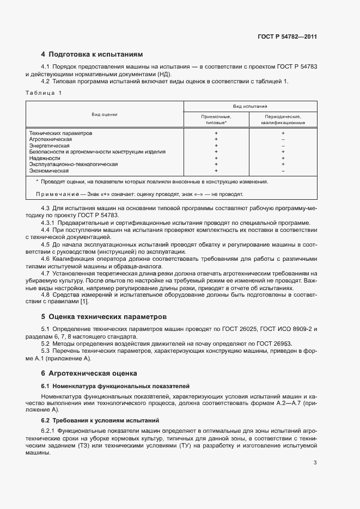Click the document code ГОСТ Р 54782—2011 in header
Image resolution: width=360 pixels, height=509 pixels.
(288, 37)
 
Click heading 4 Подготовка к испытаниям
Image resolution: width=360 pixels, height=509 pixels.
(92, 54)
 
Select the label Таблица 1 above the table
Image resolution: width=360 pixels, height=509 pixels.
(45, 93)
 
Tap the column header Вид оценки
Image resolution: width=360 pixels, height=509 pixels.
(105, 115)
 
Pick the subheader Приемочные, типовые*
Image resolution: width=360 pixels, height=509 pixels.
(216, 120)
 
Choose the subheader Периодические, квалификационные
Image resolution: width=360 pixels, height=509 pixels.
(283, 120)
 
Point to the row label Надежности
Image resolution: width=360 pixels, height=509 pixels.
(45, 158)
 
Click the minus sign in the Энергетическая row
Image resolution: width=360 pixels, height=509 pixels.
(283, 146)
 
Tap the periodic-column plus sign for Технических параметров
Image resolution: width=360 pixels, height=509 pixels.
(283, 133)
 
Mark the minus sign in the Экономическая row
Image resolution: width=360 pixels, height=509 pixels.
(283, 170)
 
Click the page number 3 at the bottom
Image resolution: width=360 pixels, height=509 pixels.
(315, 463)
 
